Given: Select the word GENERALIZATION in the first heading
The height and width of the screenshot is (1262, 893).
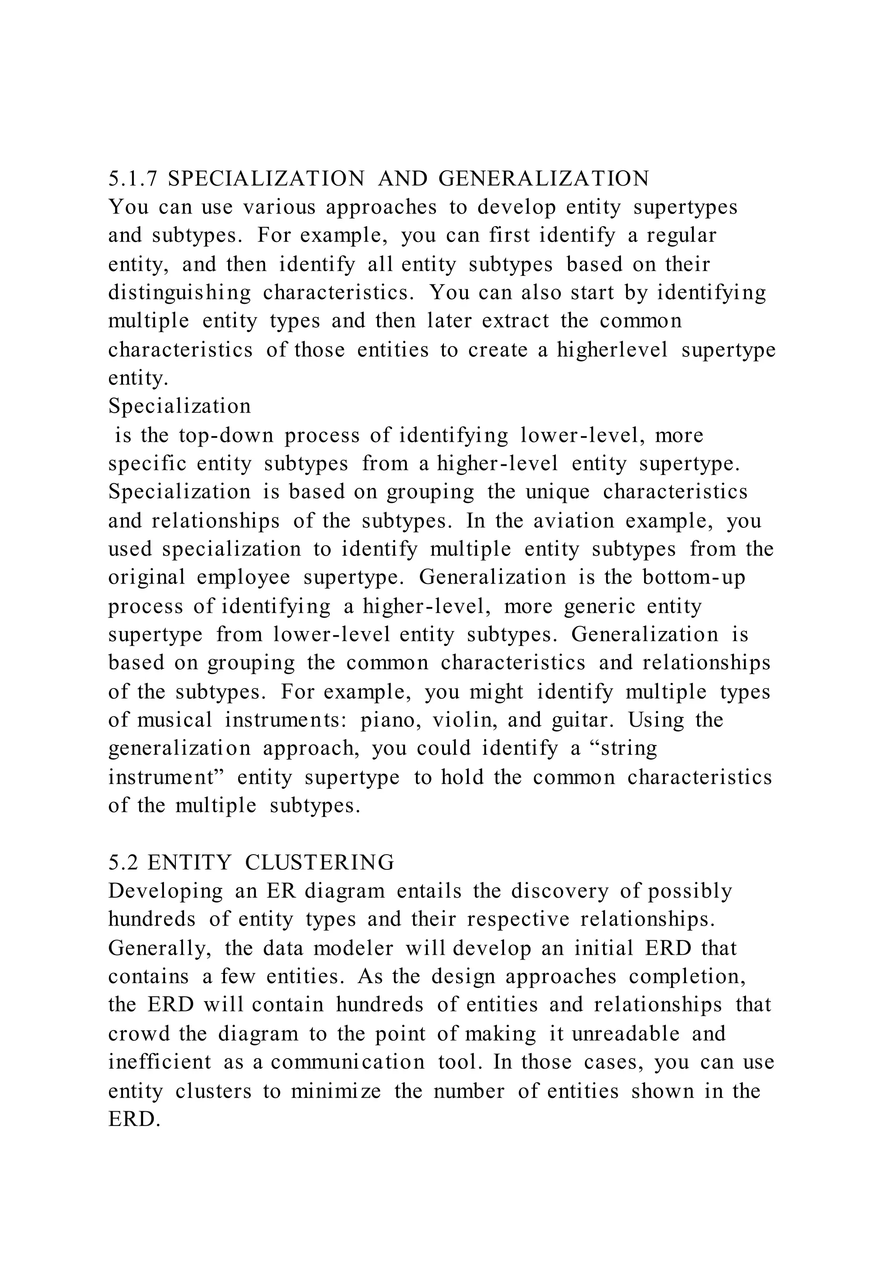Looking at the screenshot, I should tap(544, 179).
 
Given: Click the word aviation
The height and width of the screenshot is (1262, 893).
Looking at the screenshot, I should tap(573, 520).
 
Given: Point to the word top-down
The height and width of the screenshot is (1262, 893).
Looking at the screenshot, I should tap(226, 435).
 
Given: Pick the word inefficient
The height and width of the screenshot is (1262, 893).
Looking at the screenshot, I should tap(160, 1062).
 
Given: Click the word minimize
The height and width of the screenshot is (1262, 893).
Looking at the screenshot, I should tap(335, 1090).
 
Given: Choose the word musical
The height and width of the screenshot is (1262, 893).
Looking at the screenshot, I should tap(174, 720).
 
